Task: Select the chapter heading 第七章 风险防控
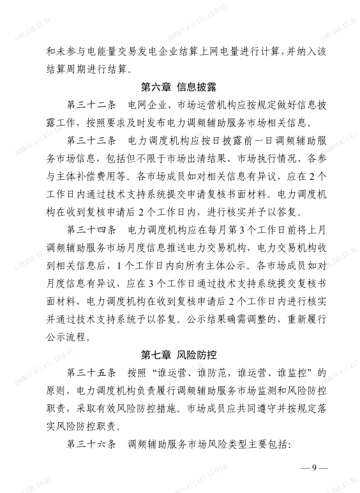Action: [180, 354]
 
